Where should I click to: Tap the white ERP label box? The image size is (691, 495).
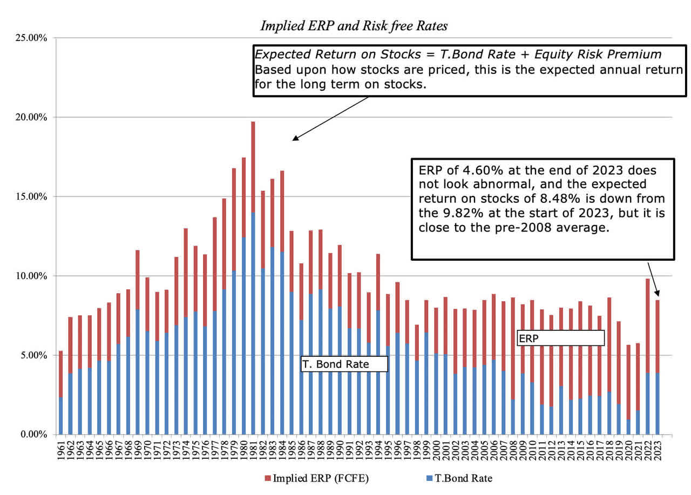[x=560, y=337]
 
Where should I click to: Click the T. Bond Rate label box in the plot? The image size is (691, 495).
[x=344, y=364]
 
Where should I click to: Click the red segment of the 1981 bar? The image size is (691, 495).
[x=253, y=167]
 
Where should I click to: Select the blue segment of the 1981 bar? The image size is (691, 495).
[x=253, y=324]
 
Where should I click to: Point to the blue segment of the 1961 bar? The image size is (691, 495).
[x=61, y=416]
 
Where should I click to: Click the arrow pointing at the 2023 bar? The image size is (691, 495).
[x=653, y=278]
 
